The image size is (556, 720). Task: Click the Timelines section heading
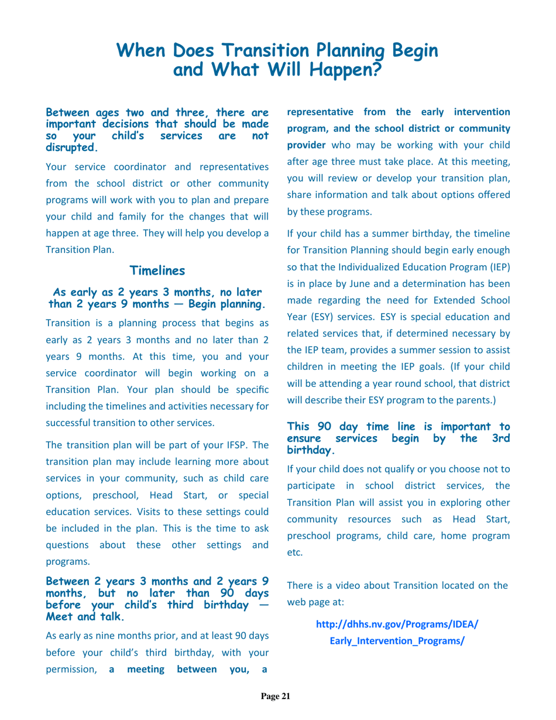(x=157, y=270)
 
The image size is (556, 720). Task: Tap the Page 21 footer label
(x=275, y=696)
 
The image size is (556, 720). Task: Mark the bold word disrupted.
(x=71, y=147)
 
